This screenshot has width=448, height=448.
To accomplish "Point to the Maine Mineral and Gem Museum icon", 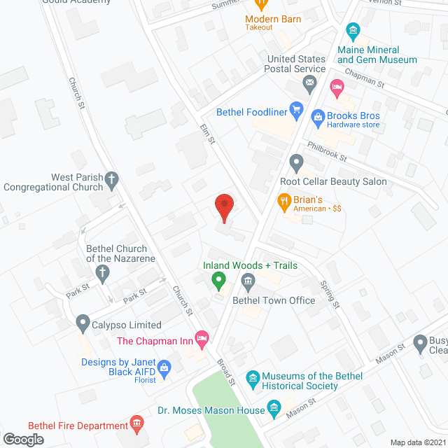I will coord(353,31).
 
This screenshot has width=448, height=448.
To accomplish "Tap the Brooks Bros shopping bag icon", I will coord(318,118).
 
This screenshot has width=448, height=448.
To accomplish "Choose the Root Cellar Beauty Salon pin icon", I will coord(296,164).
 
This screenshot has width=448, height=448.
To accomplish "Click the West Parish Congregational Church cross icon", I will coord(111,183).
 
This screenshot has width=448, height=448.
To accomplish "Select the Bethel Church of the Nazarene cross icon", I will coord(103,272).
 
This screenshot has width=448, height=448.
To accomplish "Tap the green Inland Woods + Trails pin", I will coord(218,281).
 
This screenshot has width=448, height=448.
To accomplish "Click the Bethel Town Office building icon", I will coord(247,282).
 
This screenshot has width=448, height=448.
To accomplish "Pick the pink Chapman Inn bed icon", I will coord(202,339).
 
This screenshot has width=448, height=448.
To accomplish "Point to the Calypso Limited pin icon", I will coord(83,324).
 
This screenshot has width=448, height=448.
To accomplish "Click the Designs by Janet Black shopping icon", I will coord(164,367).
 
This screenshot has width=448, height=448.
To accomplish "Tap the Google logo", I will coord(23,439).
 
